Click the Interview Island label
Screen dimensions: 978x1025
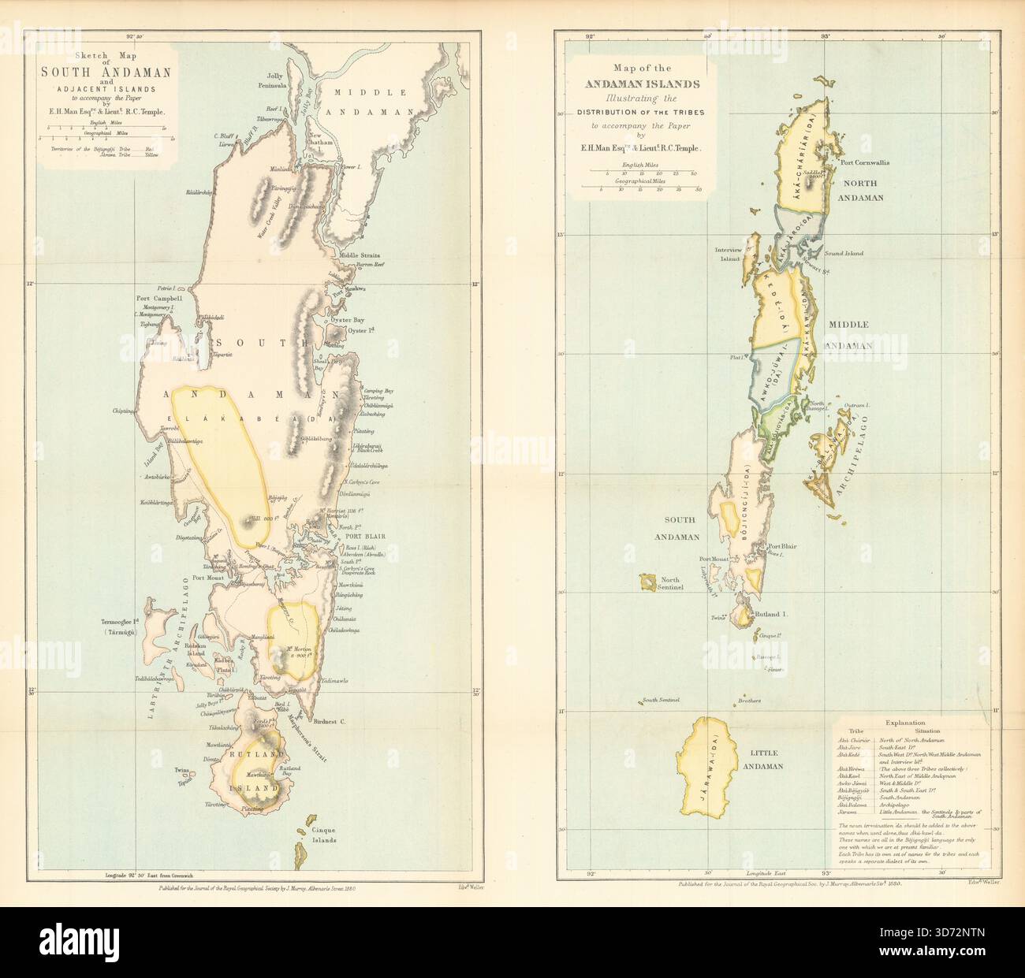(728, 254)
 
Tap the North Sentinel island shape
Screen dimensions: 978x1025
(648, 582)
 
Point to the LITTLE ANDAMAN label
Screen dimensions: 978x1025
(762, 760)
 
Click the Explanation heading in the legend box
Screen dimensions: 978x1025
(905, 722)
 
